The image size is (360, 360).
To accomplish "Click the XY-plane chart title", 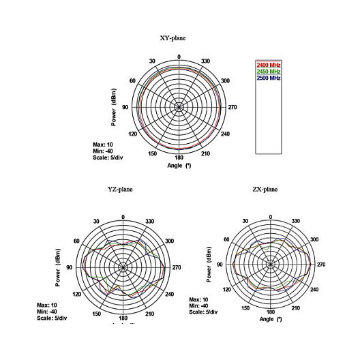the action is tap(172, 38).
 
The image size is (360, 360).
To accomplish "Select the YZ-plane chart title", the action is tap(120, 189).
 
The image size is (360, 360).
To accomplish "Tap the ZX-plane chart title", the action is tap(265, 189).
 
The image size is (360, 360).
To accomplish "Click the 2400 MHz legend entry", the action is tap(269, 65).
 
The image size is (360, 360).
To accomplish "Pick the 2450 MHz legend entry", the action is tap(269, 71).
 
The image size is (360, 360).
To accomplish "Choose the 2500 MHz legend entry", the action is tap(269, 78).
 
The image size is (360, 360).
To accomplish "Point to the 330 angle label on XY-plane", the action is tap(205, 61).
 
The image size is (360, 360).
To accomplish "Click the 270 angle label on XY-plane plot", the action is tap(232, 107).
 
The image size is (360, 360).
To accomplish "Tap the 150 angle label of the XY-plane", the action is tap(153, 153).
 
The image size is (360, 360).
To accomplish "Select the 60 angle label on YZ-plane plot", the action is tap(76, 241).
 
